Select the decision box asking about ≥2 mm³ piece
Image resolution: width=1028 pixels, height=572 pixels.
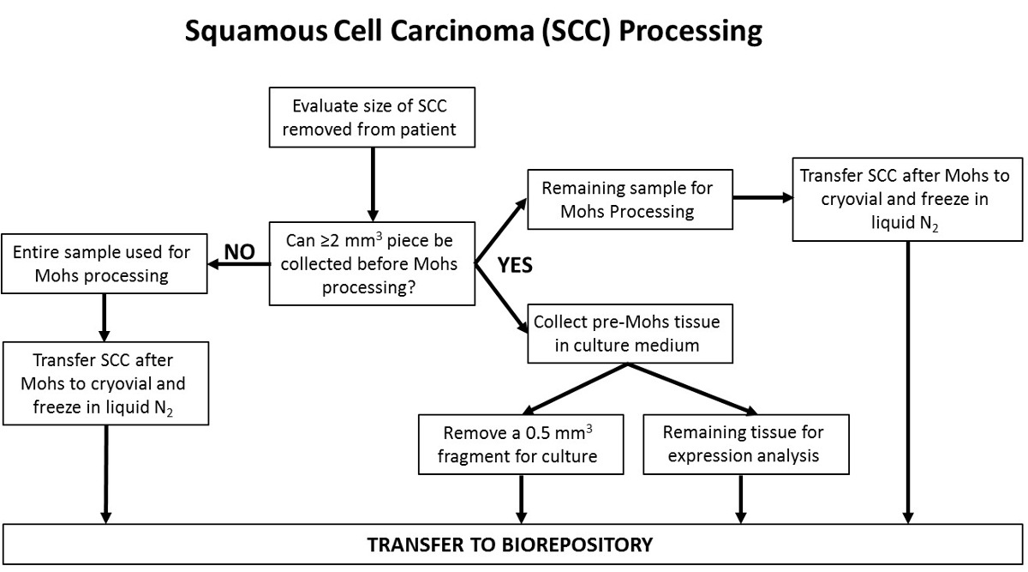[x=373, y=264]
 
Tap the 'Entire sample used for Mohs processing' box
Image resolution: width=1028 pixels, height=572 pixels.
[x=104, y=265]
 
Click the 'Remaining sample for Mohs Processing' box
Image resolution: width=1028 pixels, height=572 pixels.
[x=630, y=199]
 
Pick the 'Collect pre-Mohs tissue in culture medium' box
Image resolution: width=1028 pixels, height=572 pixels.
[x=630, y=333]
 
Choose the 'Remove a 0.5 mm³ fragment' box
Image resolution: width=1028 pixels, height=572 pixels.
[x=521, y=444]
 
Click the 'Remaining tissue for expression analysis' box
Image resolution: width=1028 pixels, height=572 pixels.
[x=746, y=444]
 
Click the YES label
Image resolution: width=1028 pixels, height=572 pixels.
[x=515, y=266]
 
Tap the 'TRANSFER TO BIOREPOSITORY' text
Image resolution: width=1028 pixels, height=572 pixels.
[x=510, y=545]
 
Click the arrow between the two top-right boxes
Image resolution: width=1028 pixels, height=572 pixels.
[x=762, y=197]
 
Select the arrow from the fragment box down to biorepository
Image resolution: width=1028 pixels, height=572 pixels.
[x=521, y=498]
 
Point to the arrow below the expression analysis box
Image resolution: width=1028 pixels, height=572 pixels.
[x=740, y=498]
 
